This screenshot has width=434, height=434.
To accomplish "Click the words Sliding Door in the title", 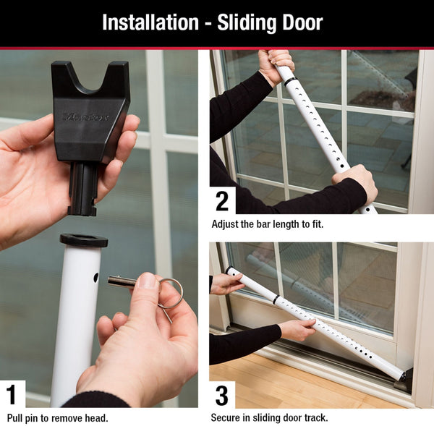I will (276, 22).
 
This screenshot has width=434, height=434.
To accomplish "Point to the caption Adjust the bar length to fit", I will (267, 224).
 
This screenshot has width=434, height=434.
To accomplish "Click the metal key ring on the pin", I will (170, 292).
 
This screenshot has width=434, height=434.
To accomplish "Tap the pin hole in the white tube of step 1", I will (96, 278).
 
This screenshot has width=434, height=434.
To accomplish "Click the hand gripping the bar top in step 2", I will (276, 64).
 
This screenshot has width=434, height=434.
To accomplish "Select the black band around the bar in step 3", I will (276, 299).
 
